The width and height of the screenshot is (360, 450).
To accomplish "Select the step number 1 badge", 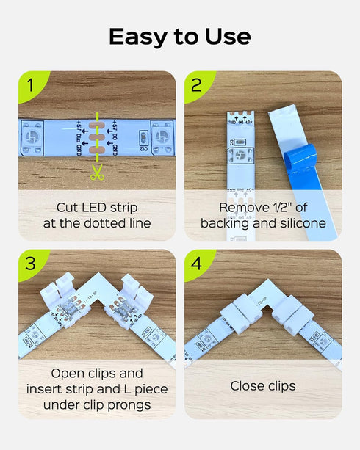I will tap(29, 85).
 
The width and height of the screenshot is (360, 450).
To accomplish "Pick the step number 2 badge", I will tap(195, 85).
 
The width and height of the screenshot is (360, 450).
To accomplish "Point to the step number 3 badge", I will tap(29, 264).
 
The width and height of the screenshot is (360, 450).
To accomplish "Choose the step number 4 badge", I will tap(195, 264).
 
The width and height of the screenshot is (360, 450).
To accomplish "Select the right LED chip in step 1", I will tap(162, 139).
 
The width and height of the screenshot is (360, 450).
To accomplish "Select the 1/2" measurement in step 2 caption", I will tap(287, 207).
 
